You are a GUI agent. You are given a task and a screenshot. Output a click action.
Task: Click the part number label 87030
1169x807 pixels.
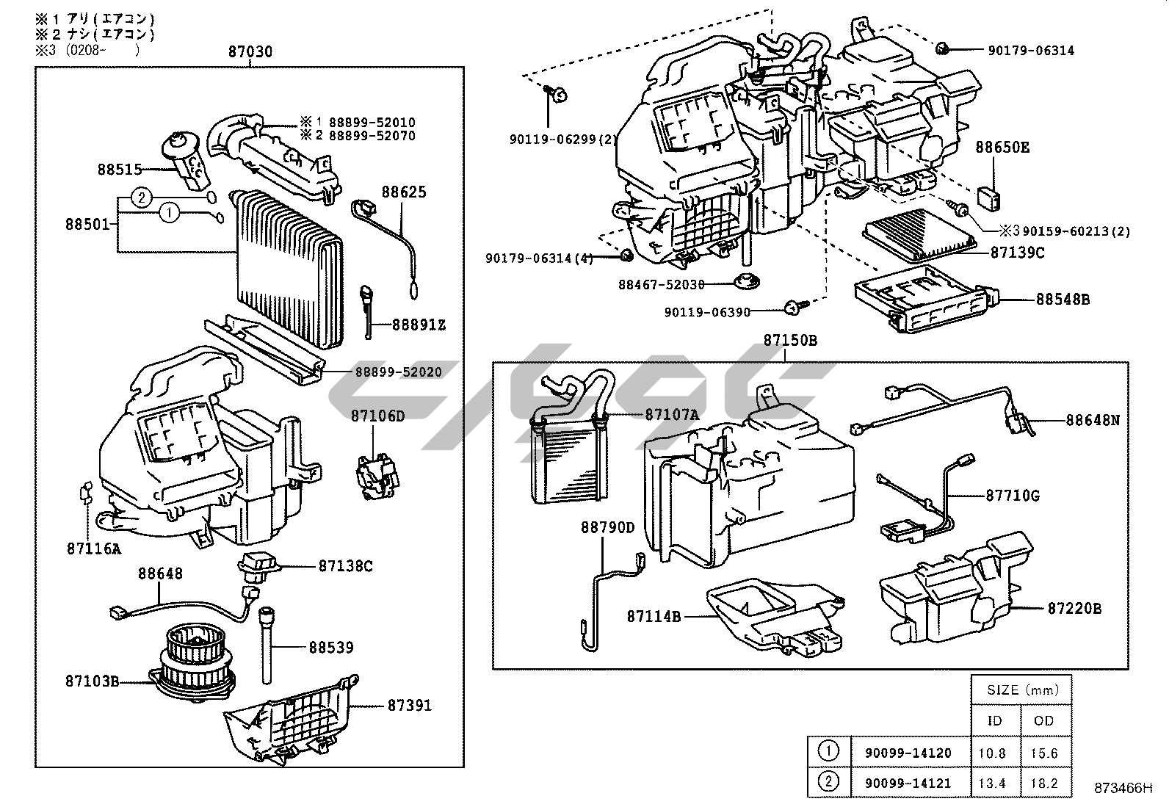point(250,51)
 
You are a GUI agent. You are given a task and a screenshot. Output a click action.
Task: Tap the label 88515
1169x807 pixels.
point(120,169)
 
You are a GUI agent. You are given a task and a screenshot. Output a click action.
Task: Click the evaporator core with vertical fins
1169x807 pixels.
point(290,268)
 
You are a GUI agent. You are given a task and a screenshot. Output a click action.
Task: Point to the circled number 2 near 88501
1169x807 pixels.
point(142,197)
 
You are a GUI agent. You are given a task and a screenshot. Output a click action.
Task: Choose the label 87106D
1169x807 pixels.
point(377,416)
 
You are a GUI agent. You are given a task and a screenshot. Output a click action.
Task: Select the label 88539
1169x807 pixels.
point(330,647)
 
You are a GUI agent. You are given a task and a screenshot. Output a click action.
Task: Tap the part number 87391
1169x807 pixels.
point(410,706)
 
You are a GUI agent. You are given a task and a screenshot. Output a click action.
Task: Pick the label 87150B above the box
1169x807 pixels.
point(790,341)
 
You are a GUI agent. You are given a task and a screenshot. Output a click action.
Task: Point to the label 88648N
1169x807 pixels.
point(1093,421)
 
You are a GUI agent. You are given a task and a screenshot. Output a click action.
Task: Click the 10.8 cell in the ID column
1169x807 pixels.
point(993,753)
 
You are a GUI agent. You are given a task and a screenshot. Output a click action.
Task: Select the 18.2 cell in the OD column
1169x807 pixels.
point(1043,784)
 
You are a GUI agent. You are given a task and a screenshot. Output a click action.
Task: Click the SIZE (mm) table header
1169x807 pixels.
point(1023,690)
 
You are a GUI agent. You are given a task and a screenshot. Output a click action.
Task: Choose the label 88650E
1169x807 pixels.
point(1002,148)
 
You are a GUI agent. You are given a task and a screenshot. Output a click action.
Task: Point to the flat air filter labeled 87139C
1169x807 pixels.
point(922,242)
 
